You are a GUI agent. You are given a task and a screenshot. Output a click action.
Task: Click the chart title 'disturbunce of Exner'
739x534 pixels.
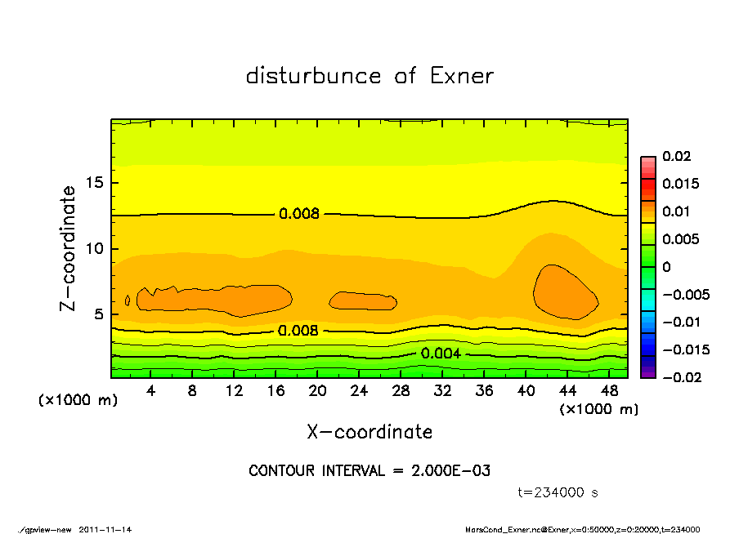pyautogui.click(x=369, y=76)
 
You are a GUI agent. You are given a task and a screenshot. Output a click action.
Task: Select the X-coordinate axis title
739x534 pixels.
pyautogui.click(x=369, y=432)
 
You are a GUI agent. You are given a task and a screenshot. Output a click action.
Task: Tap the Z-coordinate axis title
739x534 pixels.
pyautogui.click(x=68, y=248)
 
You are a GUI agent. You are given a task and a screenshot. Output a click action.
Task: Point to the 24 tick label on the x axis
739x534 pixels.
pyautogui.click(x=359, y=391)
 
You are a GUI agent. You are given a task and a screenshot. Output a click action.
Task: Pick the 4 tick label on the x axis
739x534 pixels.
pyautogui.click(x=150, y=391)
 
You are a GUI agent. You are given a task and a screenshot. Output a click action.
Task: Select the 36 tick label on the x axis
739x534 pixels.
pyautogui.click(x=485, y=391)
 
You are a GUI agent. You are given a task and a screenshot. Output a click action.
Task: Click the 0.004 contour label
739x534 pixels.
pyautogui.click(x=441, y=354)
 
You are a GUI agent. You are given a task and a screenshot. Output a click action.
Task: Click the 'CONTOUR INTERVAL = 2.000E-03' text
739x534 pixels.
pyautogui.click(x=369, y=471)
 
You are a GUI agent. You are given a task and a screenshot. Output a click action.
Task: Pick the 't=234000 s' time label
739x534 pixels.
pyautogui.click(x=558, y=492)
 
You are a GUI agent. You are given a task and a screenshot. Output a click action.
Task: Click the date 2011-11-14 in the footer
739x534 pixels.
pyautogui.click(x=105, y=529)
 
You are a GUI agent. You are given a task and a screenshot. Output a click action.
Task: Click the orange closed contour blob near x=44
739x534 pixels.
pyautogui.click(x=566, y=292)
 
